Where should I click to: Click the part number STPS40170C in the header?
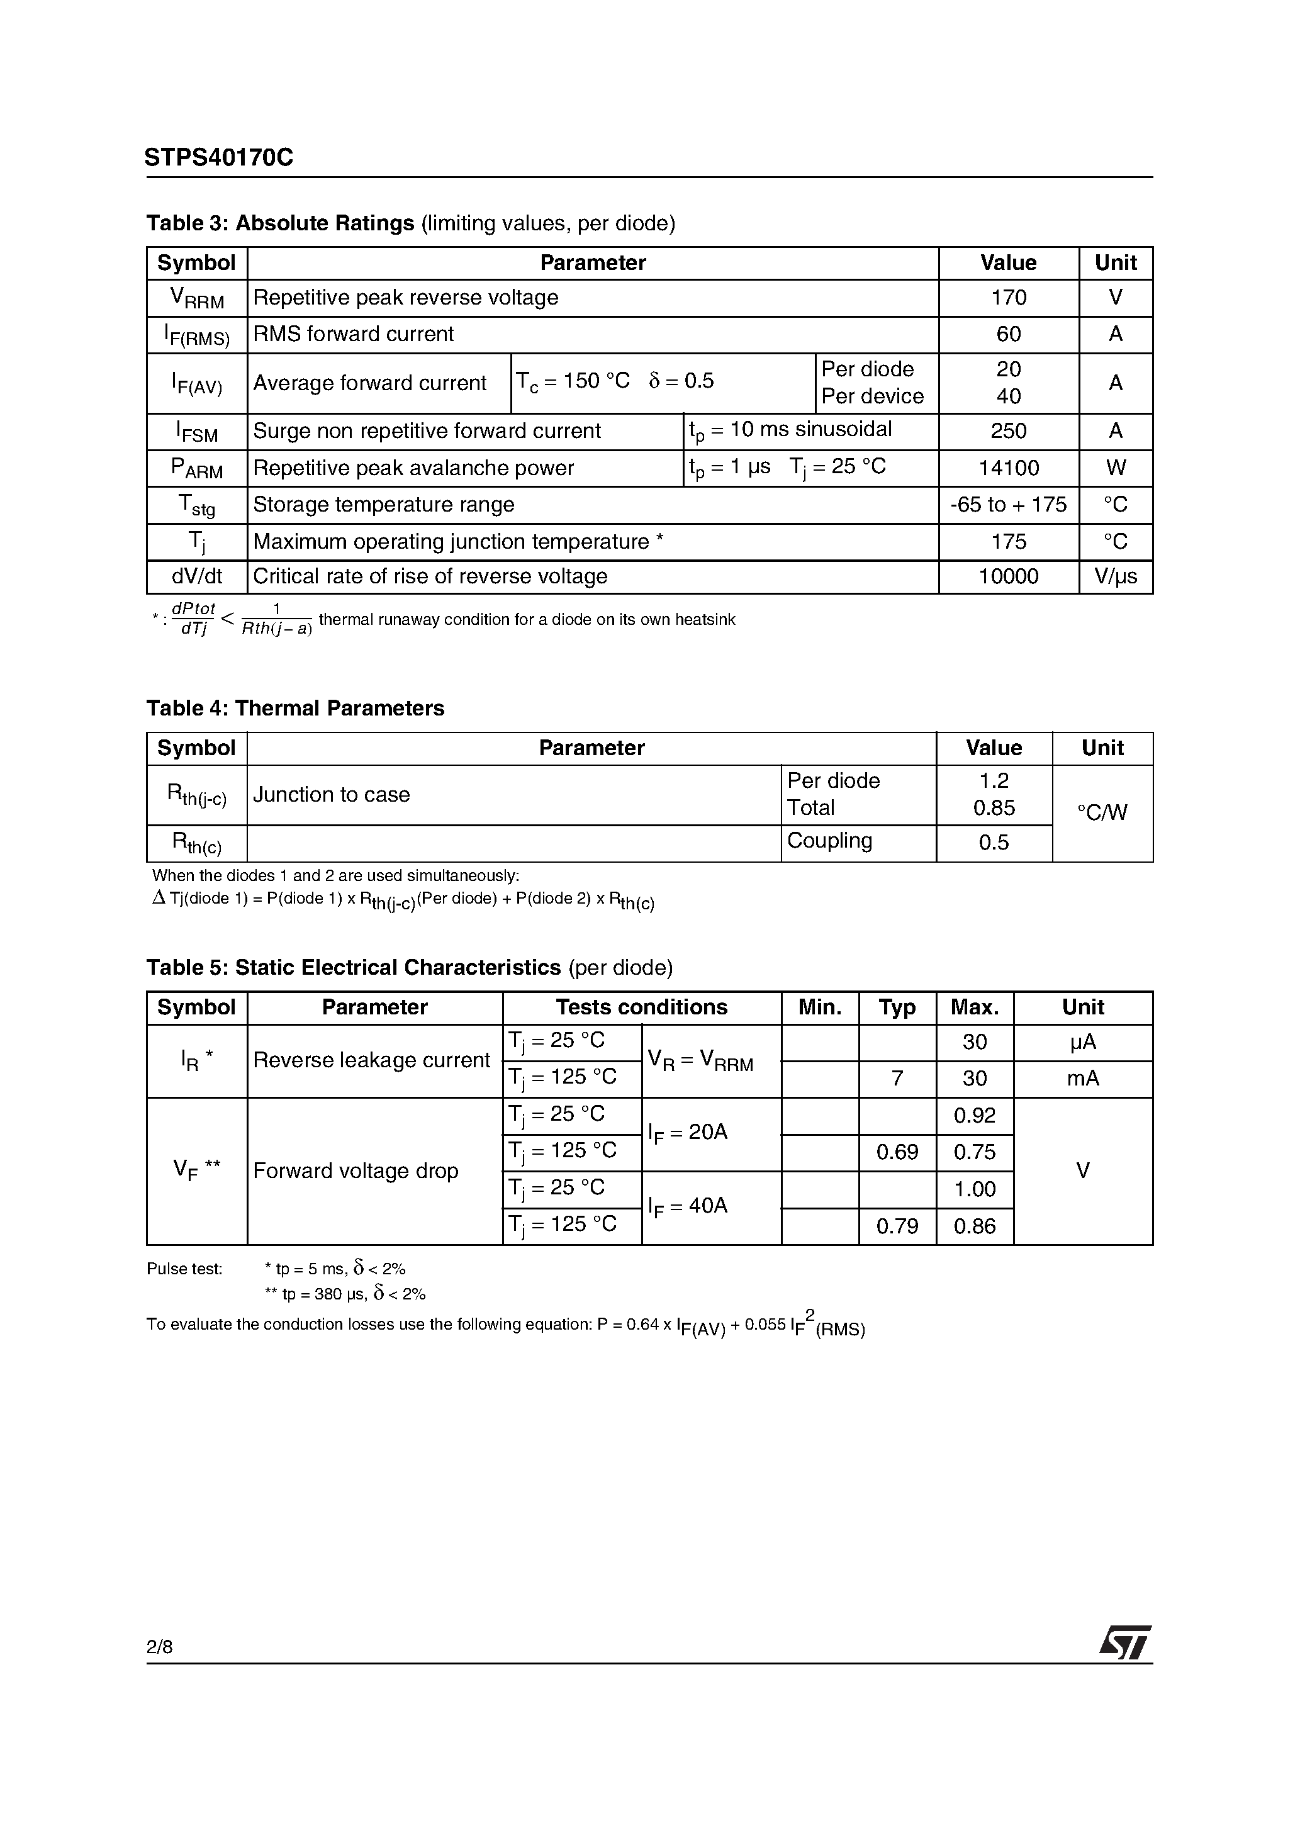point(219,158)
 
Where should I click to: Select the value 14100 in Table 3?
point(1008,468)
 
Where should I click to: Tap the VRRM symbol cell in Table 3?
point(196,298)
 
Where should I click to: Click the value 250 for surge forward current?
point(1008,431)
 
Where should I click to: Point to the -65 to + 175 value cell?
point(1008,505)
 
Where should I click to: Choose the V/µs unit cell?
point(1115,577)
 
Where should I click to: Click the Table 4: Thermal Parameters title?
point(295,709)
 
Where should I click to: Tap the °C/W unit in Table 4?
point(1102,812)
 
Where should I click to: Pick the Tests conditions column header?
point(641,1007)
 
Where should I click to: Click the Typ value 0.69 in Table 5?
point(897,1152)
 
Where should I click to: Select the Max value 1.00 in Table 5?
point(975,1189)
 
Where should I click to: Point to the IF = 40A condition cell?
point(688,1207)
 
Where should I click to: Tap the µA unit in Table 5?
point(1083,1043)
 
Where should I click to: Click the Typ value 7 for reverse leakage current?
point(897,1079)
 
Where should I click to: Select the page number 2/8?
point(159,1647)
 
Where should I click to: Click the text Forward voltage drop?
point(356,1171)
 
